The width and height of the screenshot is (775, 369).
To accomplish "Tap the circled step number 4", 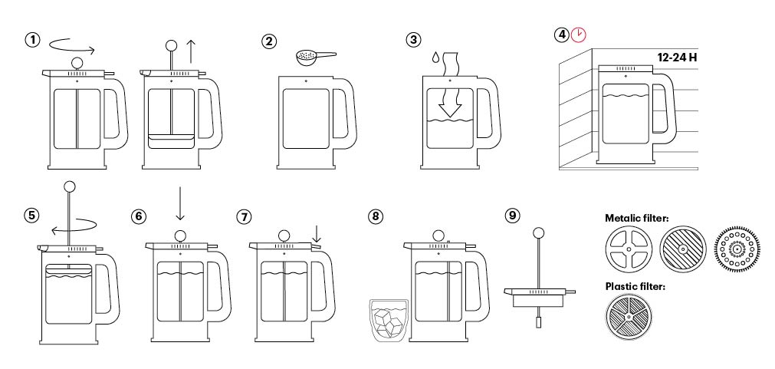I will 563,35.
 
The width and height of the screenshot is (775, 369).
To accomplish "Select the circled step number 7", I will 245,216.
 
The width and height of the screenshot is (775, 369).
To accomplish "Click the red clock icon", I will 580,35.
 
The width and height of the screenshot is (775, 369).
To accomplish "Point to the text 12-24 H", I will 677,57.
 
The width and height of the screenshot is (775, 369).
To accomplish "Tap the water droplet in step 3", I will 436,58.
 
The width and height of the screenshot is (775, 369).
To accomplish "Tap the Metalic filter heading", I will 636,219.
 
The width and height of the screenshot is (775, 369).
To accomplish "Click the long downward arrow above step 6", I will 179,203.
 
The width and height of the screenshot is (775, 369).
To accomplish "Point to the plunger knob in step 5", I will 71,186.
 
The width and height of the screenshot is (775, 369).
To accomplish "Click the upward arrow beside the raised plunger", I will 191,51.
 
